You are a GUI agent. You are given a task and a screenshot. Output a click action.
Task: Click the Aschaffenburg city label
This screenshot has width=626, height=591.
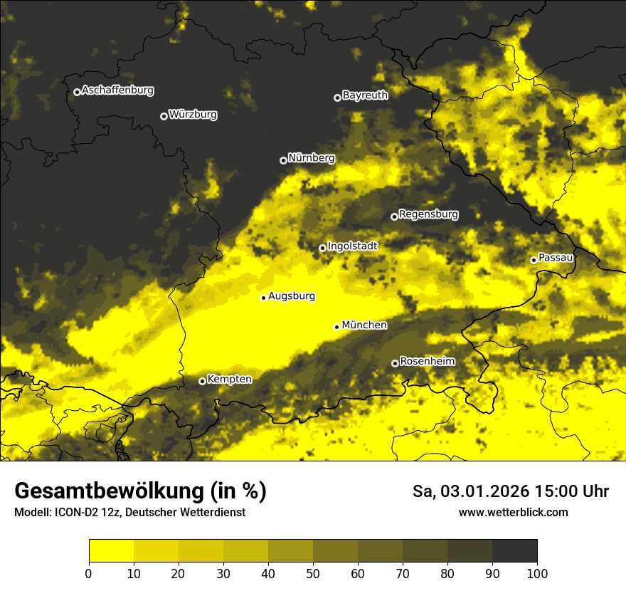tap(117, 90)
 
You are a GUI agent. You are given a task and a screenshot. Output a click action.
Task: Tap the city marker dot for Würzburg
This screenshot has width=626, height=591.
tap(164, 116)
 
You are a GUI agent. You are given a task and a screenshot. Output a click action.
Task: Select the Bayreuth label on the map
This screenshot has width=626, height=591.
tap(365, 95)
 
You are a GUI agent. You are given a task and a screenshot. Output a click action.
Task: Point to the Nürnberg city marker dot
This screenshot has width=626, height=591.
tap(283, 160)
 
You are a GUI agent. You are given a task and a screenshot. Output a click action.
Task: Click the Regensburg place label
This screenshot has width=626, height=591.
tap(428, 214)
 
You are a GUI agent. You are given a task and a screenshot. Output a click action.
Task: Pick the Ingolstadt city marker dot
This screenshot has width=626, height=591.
tap(322, 248)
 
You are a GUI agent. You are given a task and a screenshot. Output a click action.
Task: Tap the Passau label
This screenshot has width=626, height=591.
tap(556, 257)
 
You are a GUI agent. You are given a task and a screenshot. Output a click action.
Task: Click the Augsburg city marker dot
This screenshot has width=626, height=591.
tap(263, 298)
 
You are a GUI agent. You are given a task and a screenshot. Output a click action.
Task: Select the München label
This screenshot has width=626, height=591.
tap(364, 325)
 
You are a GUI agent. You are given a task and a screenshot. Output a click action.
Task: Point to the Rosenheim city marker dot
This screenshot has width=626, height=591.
tap(395, 363)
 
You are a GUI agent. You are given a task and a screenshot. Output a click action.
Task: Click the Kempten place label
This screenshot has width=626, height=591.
tap(229, 379)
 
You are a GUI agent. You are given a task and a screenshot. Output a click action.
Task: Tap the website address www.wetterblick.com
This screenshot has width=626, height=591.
tap(513, 512)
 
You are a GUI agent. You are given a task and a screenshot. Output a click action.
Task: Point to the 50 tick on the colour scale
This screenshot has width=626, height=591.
tap(313, 574)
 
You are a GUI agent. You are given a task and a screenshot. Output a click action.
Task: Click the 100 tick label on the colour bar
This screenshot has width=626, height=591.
tap(537, 574)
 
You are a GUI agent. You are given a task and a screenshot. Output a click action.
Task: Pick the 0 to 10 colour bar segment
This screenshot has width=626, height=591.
tap(111, 551)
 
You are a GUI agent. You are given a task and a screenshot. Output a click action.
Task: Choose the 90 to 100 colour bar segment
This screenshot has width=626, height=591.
tap(514, 551)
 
